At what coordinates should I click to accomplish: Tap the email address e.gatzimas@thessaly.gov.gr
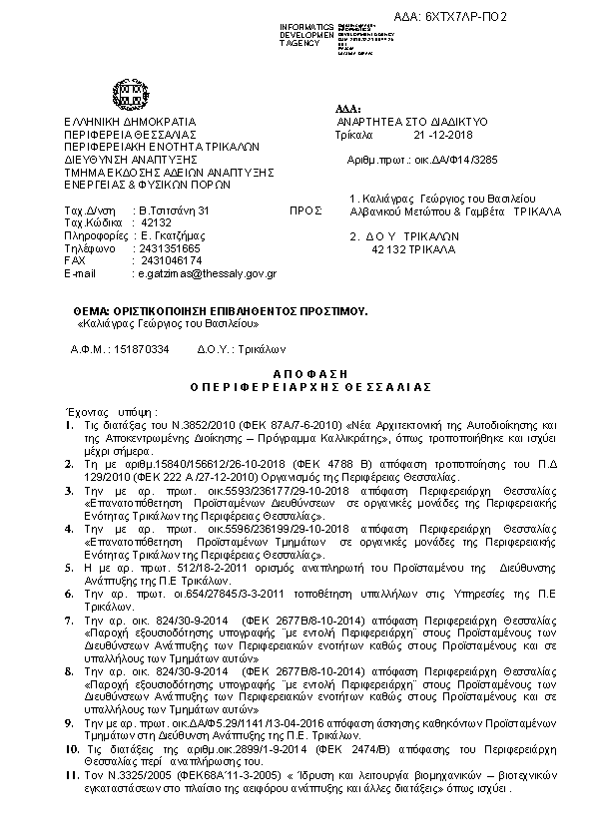click(207, 272)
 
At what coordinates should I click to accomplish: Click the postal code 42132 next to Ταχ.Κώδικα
click(158, 223)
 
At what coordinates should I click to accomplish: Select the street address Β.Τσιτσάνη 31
click(175, 211)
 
